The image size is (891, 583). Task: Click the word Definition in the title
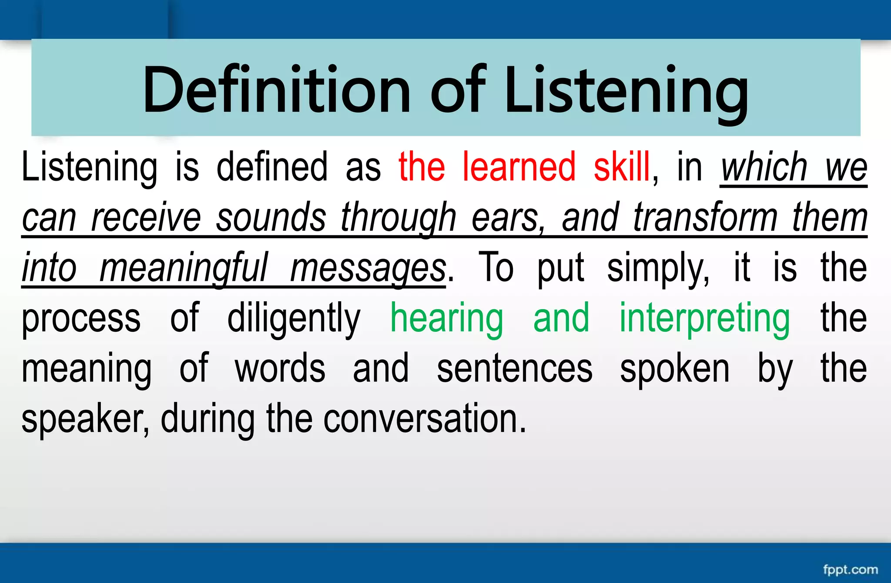tap(277, 90)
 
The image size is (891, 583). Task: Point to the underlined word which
tap(764, 167)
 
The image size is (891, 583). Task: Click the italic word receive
tap(146, 217)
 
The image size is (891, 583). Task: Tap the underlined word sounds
tap(271, 217)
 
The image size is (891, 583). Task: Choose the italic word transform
tap(705, 217)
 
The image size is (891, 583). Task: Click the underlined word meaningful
tap(184, 268)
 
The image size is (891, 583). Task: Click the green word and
tap(561, 318)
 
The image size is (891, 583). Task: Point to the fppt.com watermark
tap(850, 570)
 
